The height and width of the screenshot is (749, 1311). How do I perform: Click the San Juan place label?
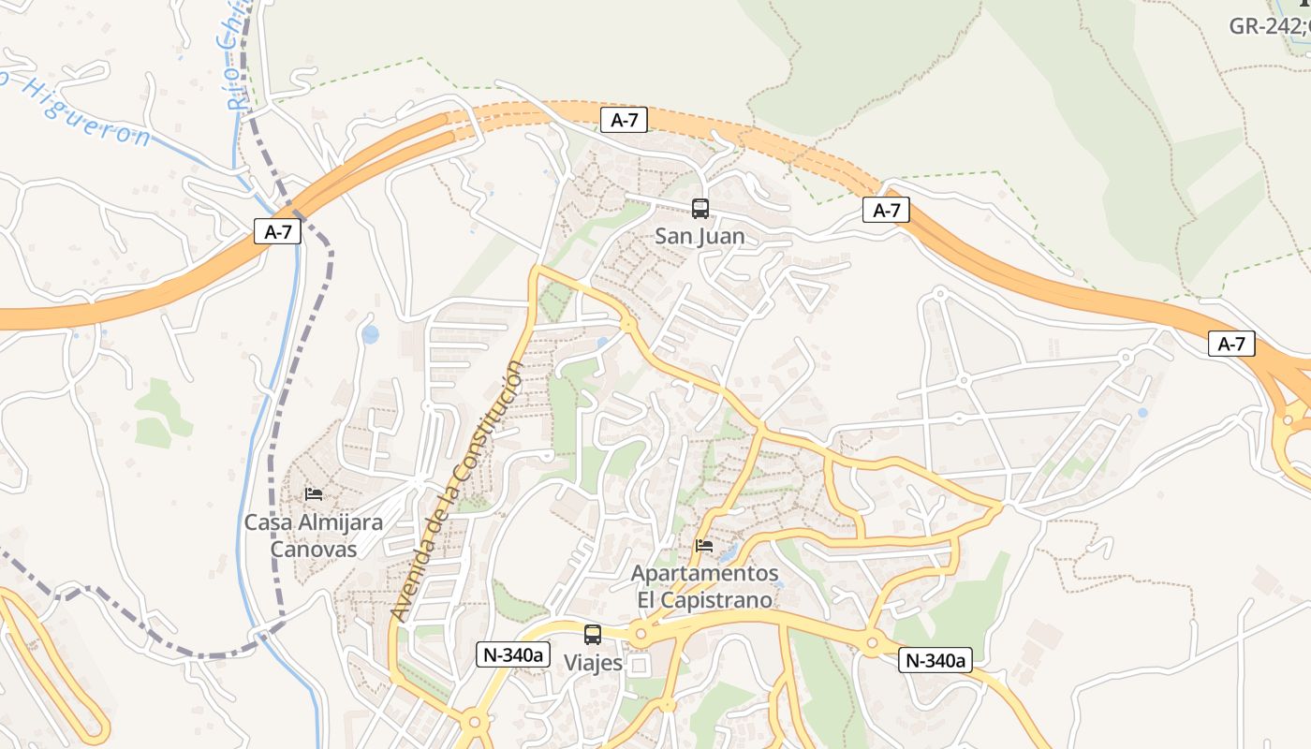[x=700, y=236]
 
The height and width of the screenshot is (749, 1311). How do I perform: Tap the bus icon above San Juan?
[x=700, y=208]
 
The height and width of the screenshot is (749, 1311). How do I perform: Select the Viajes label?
[x=593, y=663]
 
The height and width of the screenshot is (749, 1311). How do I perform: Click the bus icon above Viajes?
[x=593, y=635]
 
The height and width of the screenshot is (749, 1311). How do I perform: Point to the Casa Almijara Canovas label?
[x=314, y=536]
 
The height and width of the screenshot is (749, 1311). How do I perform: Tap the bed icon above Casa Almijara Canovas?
[x=314, y=493]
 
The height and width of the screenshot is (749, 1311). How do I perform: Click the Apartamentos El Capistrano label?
[x=704, y=586]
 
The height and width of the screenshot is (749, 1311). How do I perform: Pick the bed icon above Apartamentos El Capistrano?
[x=704, y=545]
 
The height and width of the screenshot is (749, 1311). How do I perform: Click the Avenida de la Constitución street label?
[x=458, y=492]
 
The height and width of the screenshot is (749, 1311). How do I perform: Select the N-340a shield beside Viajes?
[x=512, y=654]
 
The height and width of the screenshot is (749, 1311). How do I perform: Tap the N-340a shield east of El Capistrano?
[x=935, y=660]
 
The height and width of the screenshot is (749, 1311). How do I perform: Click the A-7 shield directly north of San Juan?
[x=624, y=119]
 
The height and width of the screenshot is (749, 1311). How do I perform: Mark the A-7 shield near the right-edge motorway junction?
[x=1231, y=344]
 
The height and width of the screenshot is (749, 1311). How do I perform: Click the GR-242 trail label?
[x=1269, y=25]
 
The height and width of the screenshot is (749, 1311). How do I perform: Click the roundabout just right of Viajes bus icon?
[x=641, y=634]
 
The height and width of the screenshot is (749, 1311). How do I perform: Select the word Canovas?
[x=314, y=549]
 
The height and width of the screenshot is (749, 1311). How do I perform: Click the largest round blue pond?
[x=370, y=333]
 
